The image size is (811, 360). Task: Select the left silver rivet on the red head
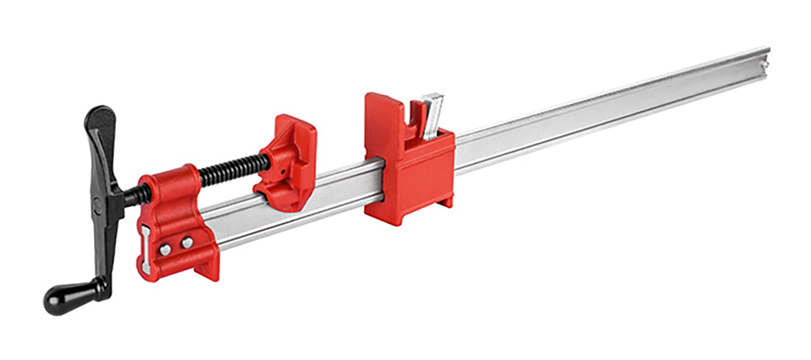click(x=165, y=249)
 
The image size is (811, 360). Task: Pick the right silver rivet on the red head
click(x=187, y=243)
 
